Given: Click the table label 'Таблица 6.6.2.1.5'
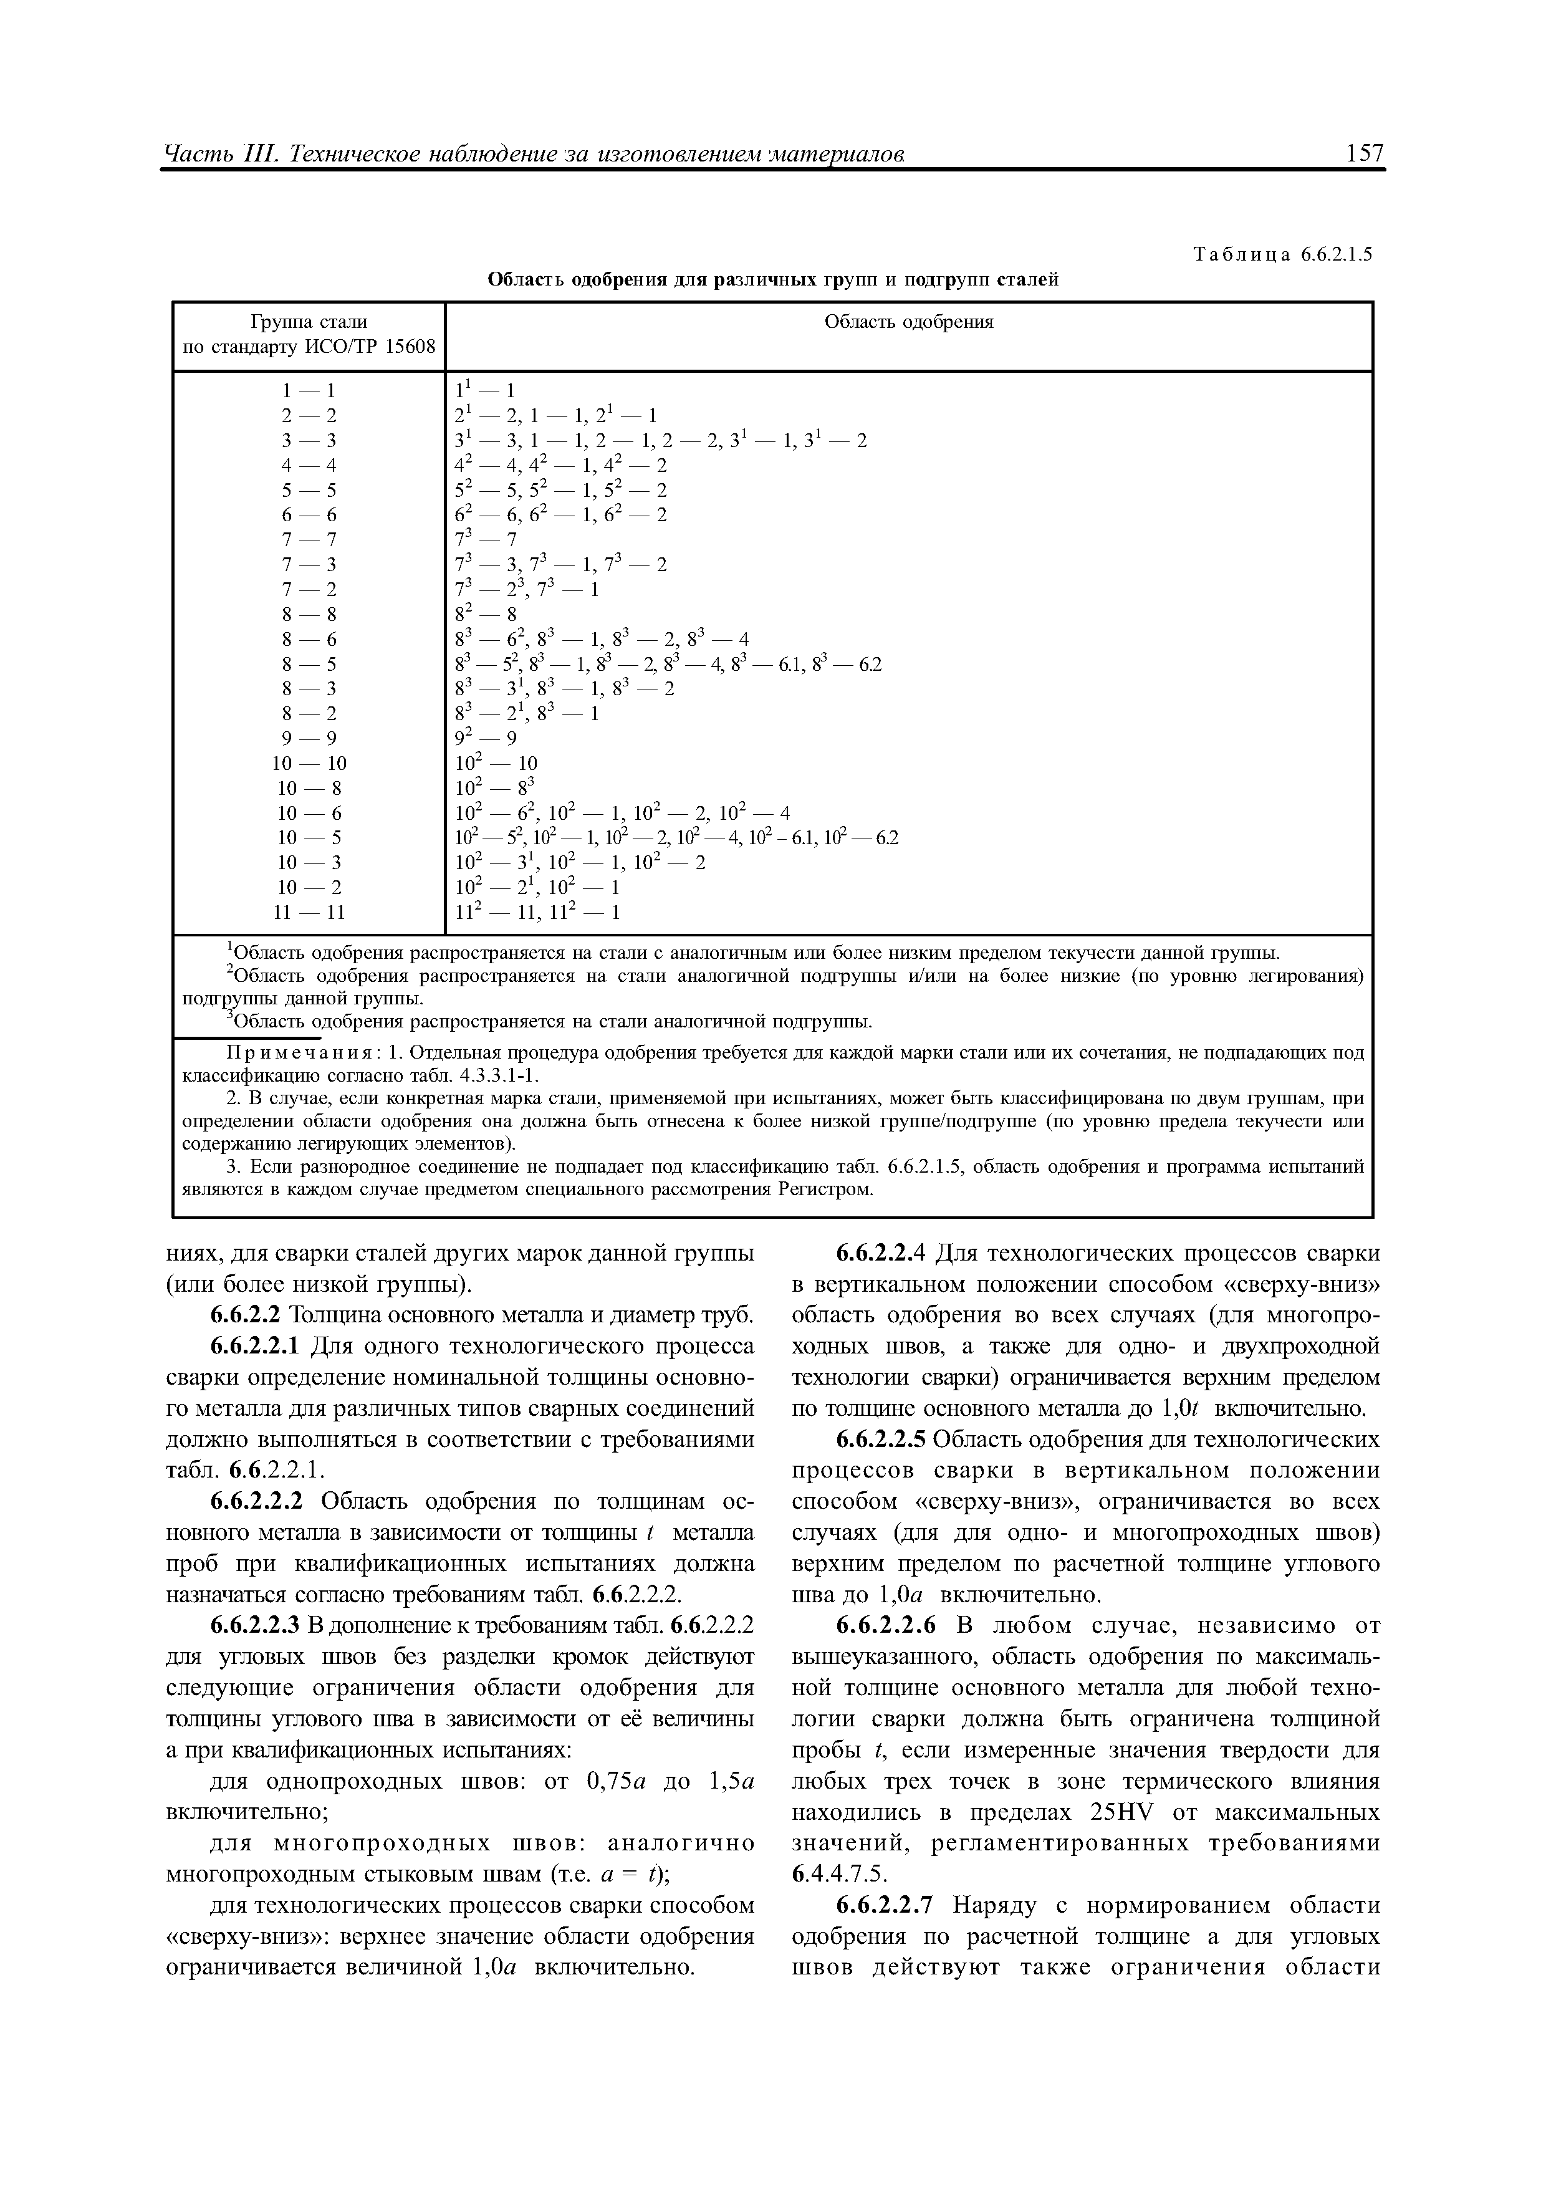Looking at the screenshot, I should point(1282,255).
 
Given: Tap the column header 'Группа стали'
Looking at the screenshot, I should point(309,322).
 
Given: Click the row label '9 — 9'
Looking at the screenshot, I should point(309,738).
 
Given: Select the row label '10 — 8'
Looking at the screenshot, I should point(309,788).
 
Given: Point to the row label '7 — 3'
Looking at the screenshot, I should point(309,565).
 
